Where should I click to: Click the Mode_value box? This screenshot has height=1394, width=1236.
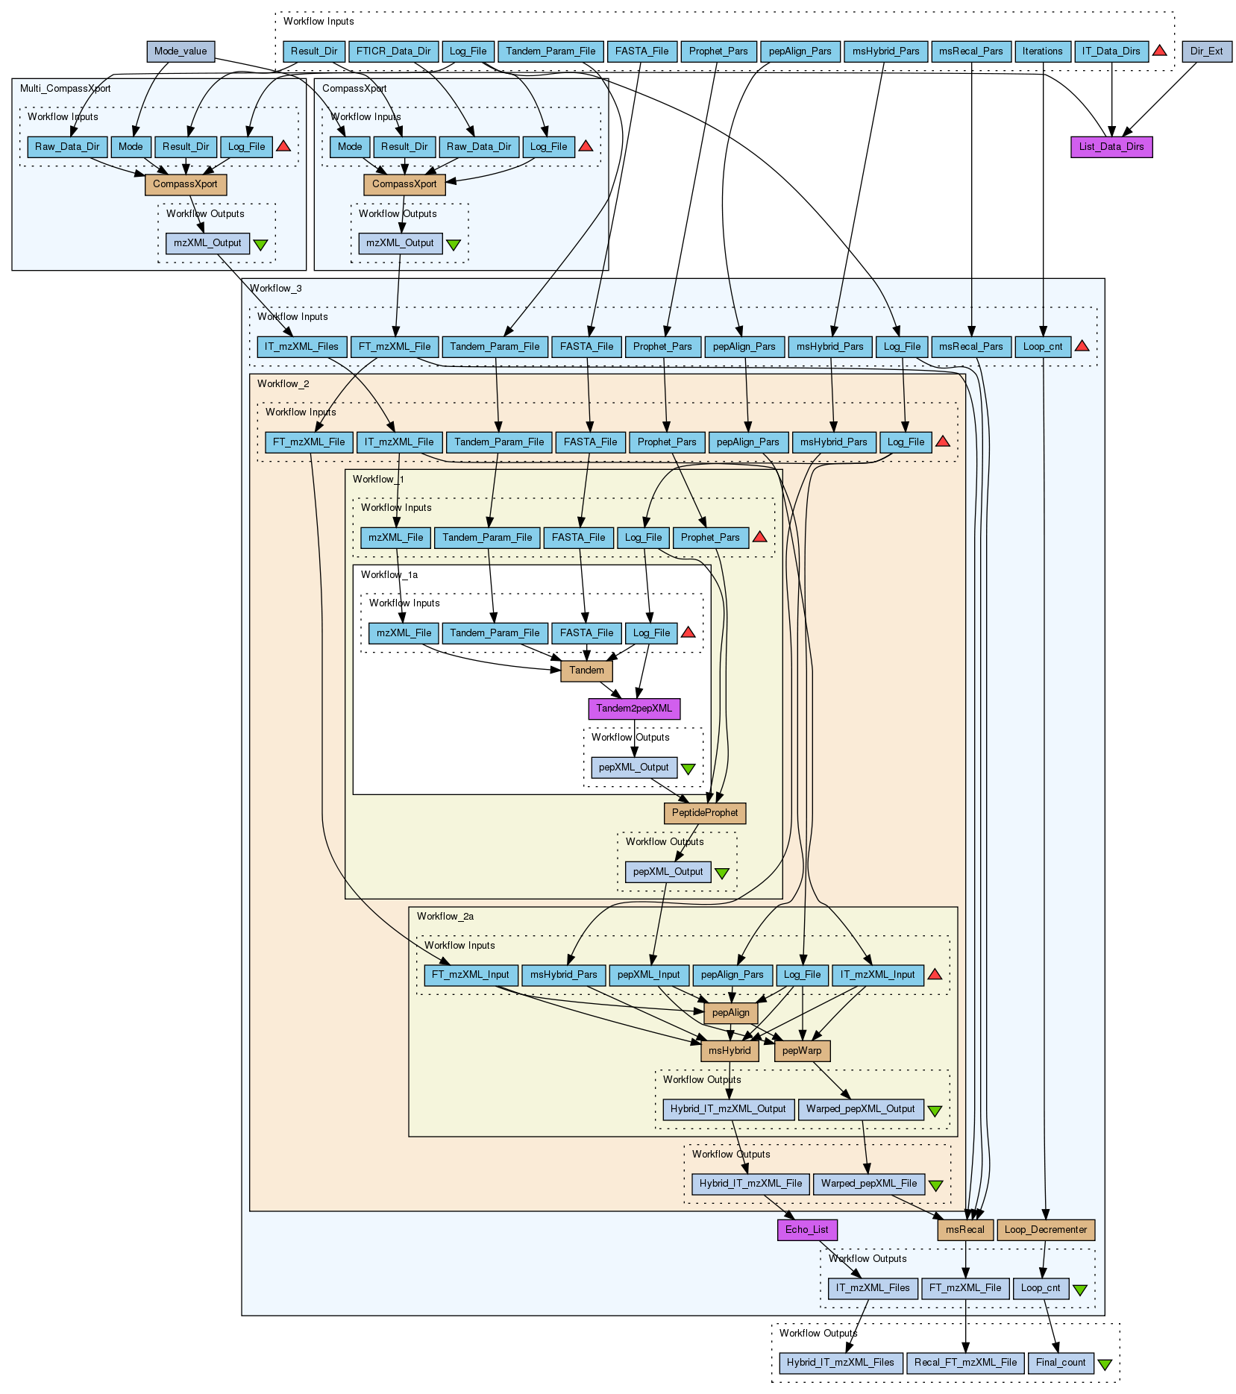(181, 51)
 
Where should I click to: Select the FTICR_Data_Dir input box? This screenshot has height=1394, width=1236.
(393, 51)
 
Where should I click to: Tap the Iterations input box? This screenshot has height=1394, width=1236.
(1042, 51)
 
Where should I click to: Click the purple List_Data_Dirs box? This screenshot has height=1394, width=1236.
(1111, 147)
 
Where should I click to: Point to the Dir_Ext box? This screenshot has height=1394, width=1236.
(1206, 51)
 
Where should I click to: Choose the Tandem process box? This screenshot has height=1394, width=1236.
(586, 671)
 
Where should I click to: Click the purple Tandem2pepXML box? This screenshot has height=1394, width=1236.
(634, 708)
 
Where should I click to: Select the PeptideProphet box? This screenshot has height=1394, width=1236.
(704, 813)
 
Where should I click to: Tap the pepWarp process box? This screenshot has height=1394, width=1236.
(802, 1051)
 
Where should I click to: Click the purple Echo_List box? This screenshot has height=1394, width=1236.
(806, 1230)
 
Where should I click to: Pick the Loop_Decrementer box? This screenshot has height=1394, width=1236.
(1045, 1230)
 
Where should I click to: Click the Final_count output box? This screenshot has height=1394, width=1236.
(1060, 1363)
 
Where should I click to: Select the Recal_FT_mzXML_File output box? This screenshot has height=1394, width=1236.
(965, 1363)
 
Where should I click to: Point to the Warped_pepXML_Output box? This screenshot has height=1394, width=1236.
(860, 1109)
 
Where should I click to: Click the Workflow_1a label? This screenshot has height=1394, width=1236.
(389, 575)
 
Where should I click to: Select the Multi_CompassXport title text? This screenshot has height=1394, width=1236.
(65, 89)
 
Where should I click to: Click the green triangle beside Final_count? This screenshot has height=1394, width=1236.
(1105, 1364)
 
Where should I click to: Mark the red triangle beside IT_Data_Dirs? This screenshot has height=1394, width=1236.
(1159, 51)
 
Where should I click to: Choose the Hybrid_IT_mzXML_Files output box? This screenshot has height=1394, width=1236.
(840, 1363)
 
